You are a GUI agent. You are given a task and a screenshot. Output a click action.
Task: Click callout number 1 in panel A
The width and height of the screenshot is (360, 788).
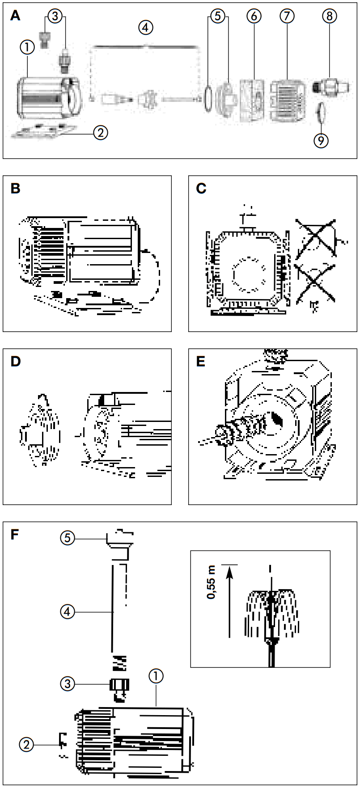[27, 46]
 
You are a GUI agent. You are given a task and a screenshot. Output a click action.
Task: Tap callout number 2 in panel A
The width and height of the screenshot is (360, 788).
[101, 132]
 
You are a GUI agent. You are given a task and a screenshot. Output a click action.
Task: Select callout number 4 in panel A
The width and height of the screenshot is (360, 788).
[145, 27]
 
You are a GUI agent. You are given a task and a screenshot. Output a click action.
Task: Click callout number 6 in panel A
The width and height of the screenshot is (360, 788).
[254, 16]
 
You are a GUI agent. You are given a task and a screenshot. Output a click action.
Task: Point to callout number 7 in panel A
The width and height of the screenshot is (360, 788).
[287, 16]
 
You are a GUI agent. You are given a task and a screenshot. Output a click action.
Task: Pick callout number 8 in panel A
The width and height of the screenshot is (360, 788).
[329, 16]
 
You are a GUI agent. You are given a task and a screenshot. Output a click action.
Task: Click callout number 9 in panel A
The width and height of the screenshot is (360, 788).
[321, 140]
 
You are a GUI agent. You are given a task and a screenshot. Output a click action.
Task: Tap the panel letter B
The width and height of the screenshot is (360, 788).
[16, 189]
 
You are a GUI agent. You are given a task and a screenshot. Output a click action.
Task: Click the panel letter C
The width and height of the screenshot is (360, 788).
[201, 189]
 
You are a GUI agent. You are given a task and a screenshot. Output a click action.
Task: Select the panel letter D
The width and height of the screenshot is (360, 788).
[16, 361]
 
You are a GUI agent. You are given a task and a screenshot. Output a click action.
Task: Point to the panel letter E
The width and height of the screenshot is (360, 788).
[201, 361]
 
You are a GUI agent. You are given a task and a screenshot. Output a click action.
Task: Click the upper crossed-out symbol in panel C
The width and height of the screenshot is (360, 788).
[317, 238]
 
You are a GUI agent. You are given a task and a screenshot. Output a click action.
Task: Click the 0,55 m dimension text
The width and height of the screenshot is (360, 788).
[211, 582]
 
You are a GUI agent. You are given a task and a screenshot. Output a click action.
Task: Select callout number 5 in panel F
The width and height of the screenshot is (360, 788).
[68, 538]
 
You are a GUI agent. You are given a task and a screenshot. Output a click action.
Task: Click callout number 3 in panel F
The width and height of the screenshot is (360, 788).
[68, 683]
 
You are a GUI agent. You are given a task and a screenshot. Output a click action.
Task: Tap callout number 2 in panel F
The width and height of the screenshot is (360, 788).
[26, 745]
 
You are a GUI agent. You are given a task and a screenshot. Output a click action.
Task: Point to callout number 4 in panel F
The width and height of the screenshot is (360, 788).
[68, 611]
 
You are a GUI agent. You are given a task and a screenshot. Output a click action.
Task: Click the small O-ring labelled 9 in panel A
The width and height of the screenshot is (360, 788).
[321, 112]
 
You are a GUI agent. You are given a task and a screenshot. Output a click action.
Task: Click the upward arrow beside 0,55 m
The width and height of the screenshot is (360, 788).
[229, 601]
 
